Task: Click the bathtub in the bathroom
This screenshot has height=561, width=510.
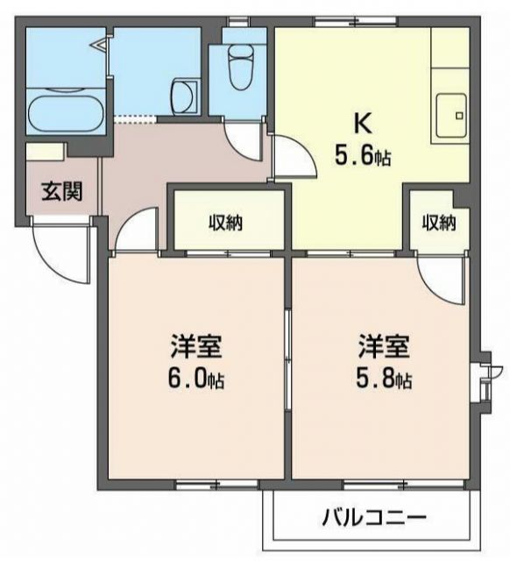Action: tap(66, 112)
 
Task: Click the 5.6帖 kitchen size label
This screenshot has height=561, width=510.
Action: tap(363, 158)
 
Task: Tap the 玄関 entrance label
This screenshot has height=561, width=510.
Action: tap(60, 190)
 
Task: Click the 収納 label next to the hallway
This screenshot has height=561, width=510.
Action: tap(225, 223)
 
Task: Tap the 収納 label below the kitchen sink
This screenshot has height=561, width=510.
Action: tap(440, 223)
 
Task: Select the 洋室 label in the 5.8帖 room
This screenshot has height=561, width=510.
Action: tap(383, 346)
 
